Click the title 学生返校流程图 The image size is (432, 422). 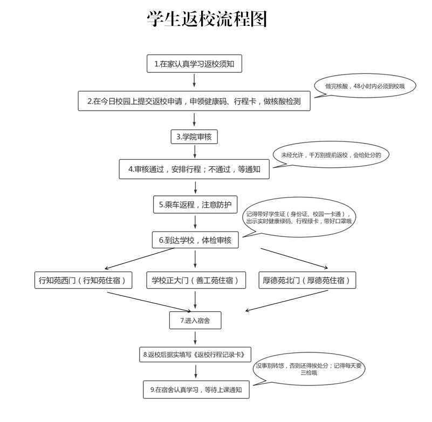(207, 19)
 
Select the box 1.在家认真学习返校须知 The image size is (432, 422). (194, 63)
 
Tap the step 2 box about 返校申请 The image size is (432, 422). (194, 101)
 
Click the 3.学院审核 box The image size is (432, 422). (194, 137)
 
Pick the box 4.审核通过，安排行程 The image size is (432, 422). (194, 168)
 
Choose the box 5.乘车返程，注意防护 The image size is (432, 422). (194, 205)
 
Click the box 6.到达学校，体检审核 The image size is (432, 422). (195, 241)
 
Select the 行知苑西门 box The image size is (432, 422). (83, 281)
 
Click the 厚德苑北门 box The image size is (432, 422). (306, 281)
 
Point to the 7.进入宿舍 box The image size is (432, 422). (195, 321)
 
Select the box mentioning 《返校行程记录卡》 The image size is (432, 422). (195, 355)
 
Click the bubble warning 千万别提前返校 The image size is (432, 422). (331, 155)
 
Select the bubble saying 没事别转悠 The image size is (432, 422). (309, 369)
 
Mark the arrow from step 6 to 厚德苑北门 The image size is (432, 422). (294, 258)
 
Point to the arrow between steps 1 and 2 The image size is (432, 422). (194, 80)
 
